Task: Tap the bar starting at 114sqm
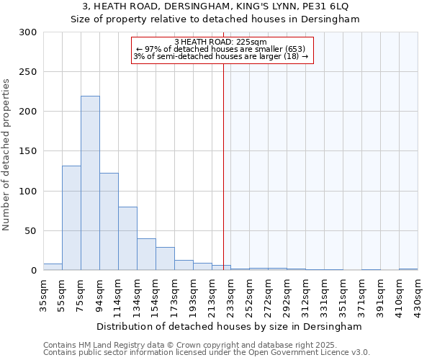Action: pos(127,238)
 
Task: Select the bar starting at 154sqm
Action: pos(165,258)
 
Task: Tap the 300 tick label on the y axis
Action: pos(28,32)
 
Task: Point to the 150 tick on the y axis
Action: pos(28,151)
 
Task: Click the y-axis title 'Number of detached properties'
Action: pos(6,155)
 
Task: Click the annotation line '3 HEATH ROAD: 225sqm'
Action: pos(221,42)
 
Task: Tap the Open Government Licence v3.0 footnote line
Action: pos(207,353)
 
